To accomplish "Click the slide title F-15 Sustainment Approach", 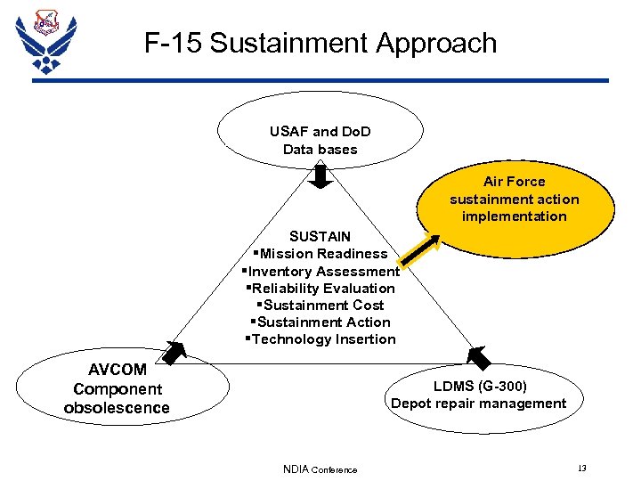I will pyautogui.click(x=320, y=43).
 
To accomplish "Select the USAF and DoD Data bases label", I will pyautogui.click(x=320, y=141).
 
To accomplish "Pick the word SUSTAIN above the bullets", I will pyautogui.click(x=320, y=236).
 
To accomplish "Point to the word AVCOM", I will pyautogui.click(x=118, y=370).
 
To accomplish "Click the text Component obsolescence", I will pyautogui.click(x=117, y=398).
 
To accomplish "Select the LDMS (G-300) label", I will pyautogui.click(x=480, y=386).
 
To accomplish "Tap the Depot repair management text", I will pyautogui.click(x=479, y=403).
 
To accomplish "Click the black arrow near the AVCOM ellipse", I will pyautogui.click(x=174, y=352).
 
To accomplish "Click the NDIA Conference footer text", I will pyautogui.click(x=320, y=469).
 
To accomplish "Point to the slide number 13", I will pyautogui.click(x=581, y=468).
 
